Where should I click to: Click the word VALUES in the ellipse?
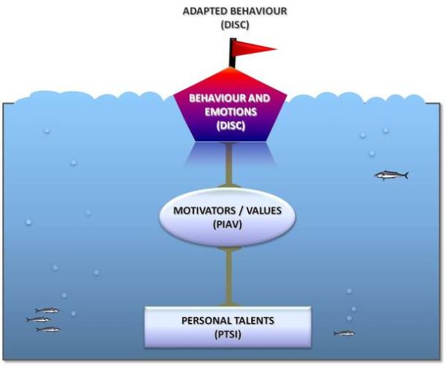[x=265, y=211]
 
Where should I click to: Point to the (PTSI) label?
[x=228, y=334]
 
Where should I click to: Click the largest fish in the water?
[x=391, y=176]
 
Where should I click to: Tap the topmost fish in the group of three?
[x=47, y=310]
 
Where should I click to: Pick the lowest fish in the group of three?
[x=48, y=329]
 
